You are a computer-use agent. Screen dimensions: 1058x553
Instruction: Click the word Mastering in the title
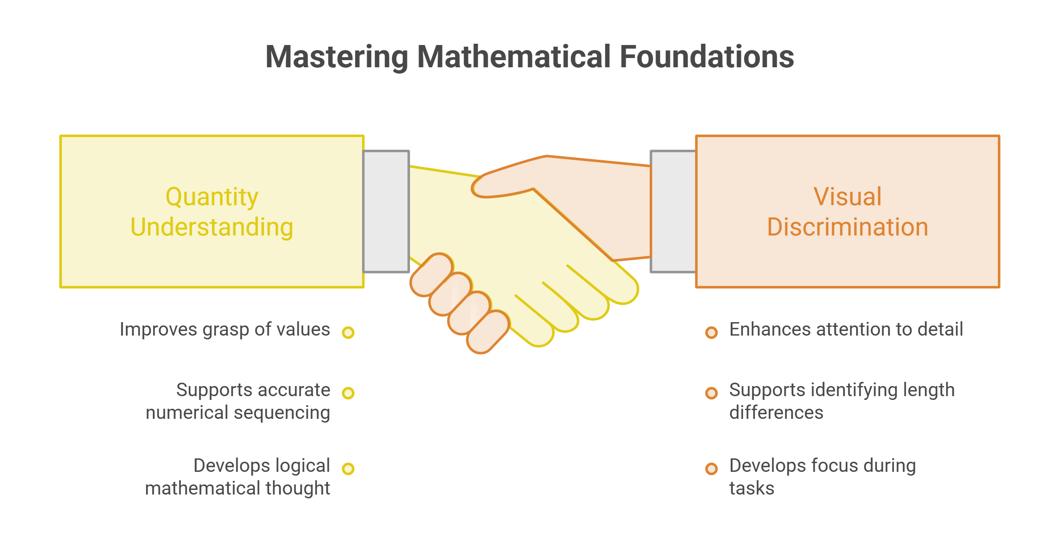pos(337,57)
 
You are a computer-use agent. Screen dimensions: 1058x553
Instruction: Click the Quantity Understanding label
pos(212,212)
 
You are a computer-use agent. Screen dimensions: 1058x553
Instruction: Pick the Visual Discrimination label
pos(847,212)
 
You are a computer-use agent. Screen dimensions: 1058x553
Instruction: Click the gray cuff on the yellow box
pos(386,211)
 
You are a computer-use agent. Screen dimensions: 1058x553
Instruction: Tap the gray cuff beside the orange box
pos(673,211)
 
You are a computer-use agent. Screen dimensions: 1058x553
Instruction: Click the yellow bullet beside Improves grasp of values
pos(348,333)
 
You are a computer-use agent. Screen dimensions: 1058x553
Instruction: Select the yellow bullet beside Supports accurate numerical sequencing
pos(348,393)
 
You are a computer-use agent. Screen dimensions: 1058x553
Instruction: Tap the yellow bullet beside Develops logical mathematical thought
pos(348,469)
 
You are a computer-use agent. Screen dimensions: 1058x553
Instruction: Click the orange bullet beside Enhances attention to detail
pos(712,333)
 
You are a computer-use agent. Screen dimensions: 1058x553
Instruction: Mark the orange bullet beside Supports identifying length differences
pos(712,393)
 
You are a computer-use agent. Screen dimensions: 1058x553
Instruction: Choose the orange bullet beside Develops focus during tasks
pos(712,469)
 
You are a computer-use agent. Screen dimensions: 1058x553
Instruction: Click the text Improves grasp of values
pos(225,330)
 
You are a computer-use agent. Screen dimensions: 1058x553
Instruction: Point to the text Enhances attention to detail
pos(846,329)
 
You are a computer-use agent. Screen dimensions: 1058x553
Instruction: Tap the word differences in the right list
pos(776,413)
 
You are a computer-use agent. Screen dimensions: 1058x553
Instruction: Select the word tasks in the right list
pos(752,489)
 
